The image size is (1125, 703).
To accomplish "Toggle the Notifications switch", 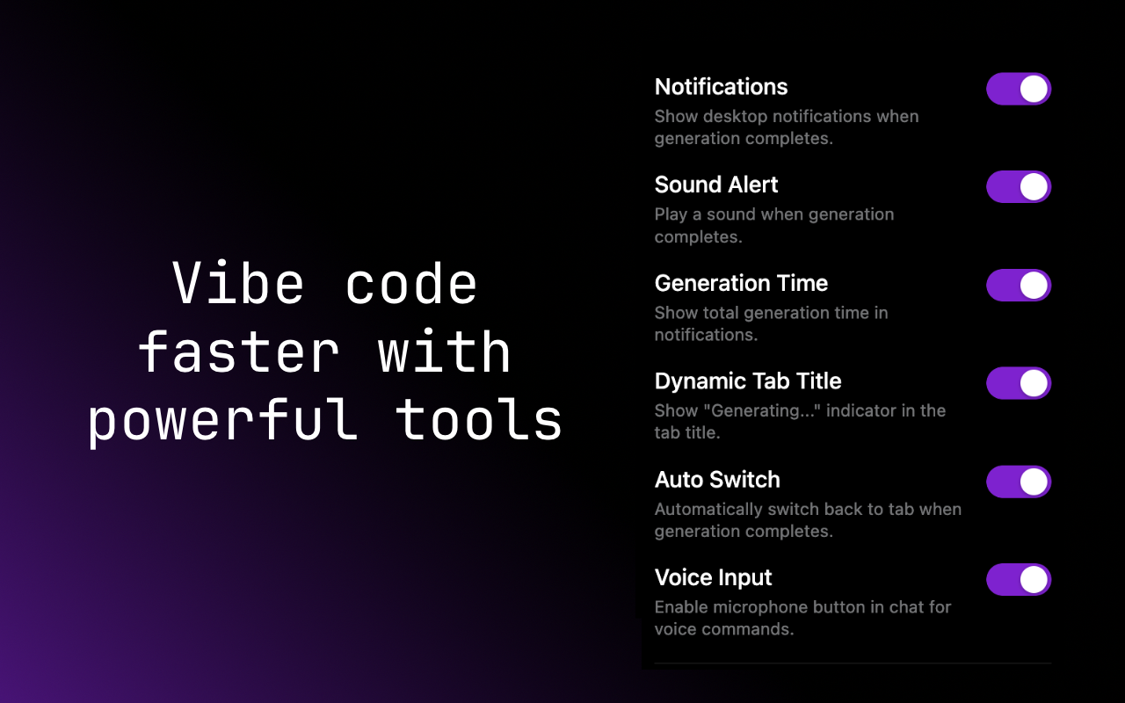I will pos(1019,89).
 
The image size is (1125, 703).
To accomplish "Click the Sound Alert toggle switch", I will pos(1019,187).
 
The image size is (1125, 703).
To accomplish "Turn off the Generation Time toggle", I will pos(1019,286).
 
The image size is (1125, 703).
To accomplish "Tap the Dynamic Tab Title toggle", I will pos(1019,383).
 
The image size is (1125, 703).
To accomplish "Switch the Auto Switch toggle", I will pos(1019,482).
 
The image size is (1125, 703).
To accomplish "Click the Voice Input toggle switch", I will pos(1019,580).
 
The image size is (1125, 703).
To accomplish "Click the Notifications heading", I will pos(721,87).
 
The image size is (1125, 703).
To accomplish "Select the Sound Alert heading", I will pos(716,185).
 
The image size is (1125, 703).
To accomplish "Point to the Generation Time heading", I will pos(741,283).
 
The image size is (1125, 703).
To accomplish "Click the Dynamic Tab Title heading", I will pos(748,381).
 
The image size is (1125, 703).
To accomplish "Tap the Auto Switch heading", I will pos(717,480).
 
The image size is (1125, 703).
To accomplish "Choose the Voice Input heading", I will pos(713,577).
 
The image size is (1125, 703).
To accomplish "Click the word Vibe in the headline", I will pos(238,285).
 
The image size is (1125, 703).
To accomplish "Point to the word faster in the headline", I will pos(238,352).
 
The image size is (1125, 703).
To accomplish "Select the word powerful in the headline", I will pos(223,420).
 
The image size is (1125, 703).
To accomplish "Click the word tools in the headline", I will pos(479,420).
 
